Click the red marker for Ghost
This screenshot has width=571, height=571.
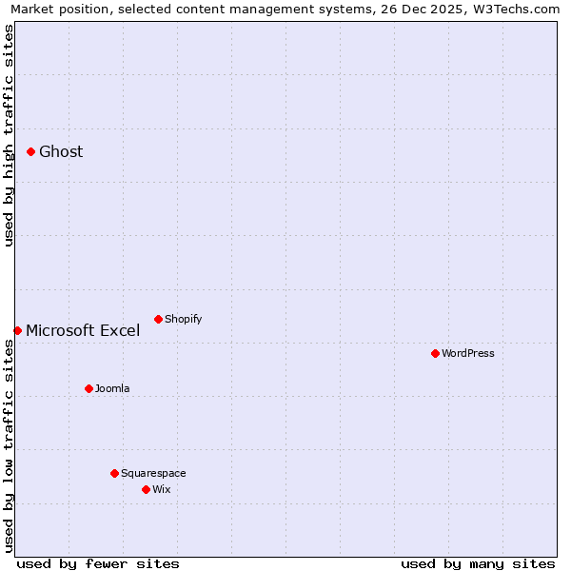click(30, 151)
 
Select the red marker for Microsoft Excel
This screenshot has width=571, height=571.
click(17, 330)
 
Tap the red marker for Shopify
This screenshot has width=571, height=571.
click(158, 319)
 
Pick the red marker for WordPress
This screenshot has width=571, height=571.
click(435, 353)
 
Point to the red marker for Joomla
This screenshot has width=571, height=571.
click(89, 388)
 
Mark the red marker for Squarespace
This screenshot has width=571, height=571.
click(114, 473)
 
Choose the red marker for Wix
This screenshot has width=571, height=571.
click(146, 489)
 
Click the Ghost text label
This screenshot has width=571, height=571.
click(61, 151)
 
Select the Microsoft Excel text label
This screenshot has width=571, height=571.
click(83, 331)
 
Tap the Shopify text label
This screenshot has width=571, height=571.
click(183, 319)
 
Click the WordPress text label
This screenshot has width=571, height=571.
click(467, 353)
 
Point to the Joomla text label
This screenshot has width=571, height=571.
click(112, 388)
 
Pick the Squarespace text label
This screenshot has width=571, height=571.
click(153, 473)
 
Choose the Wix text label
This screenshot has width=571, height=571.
click(161, 489)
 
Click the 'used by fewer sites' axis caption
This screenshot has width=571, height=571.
click(98, 563)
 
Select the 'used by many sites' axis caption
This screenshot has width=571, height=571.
click(478, 563)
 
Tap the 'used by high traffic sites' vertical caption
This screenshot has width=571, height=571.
click(9, 135)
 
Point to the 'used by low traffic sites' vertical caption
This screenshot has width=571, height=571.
click(9, 445)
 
